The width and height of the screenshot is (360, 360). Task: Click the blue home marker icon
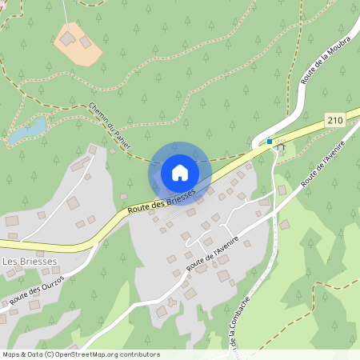click(179, 173)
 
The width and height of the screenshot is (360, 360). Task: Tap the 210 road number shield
click(335, 120)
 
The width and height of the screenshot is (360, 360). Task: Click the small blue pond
click(28, 130)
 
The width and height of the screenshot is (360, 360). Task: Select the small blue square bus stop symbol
click(270, 142)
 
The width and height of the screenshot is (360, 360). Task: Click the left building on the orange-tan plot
click(68, 38)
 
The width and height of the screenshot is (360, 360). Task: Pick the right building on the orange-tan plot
click(86, 42)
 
